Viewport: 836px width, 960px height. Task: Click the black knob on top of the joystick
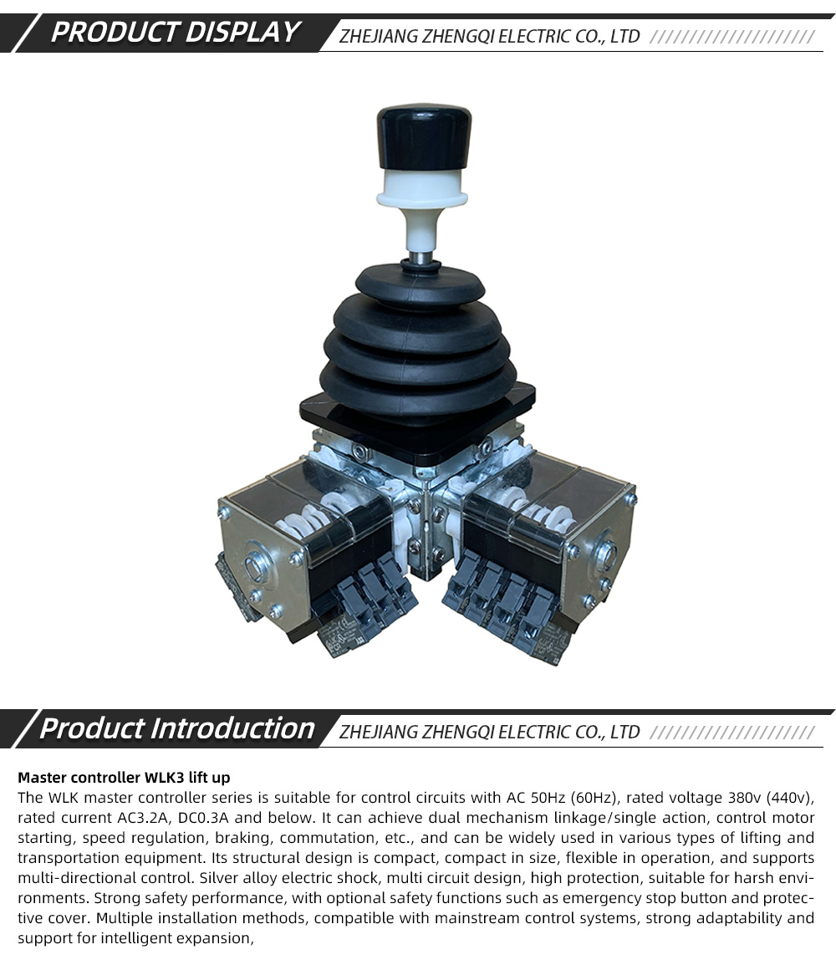[423, 138]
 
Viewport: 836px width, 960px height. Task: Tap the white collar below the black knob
[423, 189]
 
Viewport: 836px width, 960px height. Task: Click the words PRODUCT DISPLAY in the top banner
[175, 33]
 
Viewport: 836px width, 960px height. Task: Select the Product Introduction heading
[176, 728]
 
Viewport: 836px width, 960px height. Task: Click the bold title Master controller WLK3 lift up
[124, 778]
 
